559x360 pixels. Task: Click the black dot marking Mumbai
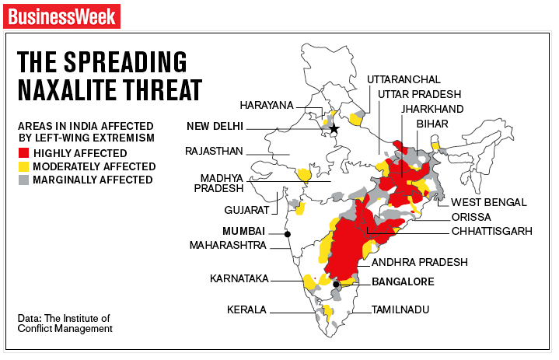coord(288,234)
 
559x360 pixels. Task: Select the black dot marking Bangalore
coord(336,285)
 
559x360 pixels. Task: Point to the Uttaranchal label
coord(404,79)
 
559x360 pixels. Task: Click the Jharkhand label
coord(432,108)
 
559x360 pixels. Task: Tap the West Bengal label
coord(489,202)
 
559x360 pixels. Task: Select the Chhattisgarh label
coord(491,231)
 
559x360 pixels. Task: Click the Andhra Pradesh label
coord(419,262)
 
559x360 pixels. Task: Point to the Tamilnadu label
coord(400,309)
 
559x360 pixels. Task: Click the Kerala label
coord(246,309)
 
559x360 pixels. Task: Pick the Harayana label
coord(267,104)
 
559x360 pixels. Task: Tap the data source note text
coord(65,323)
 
